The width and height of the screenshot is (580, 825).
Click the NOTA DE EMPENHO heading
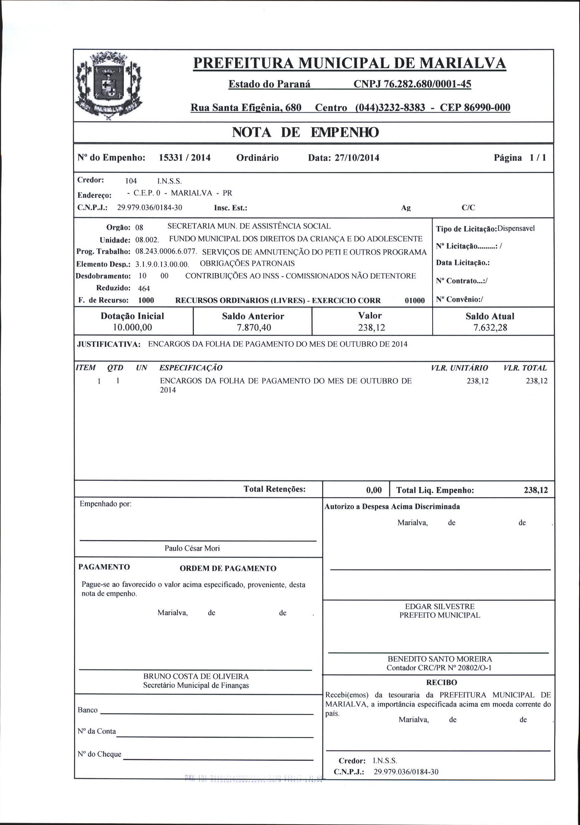tap(305, 133)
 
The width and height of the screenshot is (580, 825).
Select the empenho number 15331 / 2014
tap(184, 158)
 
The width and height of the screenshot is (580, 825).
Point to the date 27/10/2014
tap(357, 158)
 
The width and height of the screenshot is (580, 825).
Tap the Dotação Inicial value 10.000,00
tap(132, 327)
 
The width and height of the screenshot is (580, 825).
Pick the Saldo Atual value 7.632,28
tap(490, 328)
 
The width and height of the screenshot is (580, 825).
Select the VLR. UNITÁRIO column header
tap(459, 368)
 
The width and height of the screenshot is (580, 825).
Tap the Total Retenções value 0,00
tap(374, 490)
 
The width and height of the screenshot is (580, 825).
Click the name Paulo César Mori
tap(192, 548)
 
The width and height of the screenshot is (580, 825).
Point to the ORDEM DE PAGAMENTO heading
tap(228, 568)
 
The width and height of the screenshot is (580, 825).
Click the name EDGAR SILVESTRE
tap(440, 606)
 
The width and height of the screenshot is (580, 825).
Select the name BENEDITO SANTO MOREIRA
tap(440, 659)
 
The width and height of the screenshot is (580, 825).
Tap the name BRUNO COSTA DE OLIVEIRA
tap(196, 676)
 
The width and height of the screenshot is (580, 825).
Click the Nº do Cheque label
tap(100, 754)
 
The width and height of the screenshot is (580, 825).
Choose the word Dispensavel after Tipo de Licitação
tap(516, 229)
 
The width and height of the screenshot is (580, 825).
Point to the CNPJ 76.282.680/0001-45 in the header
tap(412, 84)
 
